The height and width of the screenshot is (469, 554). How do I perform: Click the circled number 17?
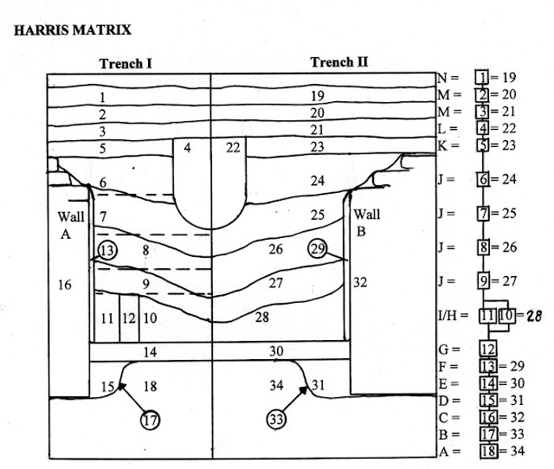(x=151, y=421)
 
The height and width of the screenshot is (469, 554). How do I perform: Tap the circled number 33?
(x=276, y=419)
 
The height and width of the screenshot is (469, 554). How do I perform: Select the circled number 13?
(x=107, y=250)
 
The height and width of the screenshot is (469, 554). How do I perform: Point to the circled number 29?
(x=318, y=248)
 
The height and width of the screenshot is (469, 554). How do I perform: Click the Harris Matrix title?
(x=73, y=29)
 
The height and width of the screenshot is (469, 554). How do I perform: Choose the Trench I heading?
(x=126, y=64)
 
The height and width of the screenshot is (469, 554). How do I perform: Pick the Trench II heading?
(x=339, y=62)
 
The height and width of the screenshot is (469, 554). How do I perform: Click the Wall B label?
(x=366, y=223)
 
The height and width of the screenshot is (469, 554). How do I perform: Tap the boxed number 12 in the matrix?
(x=488, y=350)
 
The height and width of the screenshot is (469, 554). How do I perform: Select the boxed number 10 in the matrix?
(x=507, y=315)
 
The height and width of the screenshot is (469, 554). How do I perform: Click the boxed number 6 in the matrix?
(x=483, y=179)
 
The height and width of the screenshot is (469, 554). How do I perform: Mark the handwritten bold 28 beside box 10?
(x=533, y=316)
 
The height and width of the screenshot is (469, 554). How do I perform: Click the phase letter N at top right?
(x=443, y=77)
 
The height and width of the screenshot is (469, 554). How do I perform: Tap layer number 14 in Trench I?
(x=150, y=352)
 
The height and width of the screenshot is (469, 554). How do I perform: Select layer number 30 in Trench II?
(x=276, y=351)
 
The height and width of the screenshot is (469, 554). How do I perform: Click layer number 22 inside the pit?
(x=233, y=147)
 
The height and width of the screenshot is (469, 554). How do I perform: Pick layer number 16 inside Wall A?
(x=65, y=285)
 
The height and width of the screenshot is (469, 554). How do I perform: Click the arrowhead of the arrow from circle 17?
(x=121, y=386)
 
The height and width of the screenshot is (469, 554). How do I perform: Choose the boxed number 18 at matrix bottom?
(x=488, y=451)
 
